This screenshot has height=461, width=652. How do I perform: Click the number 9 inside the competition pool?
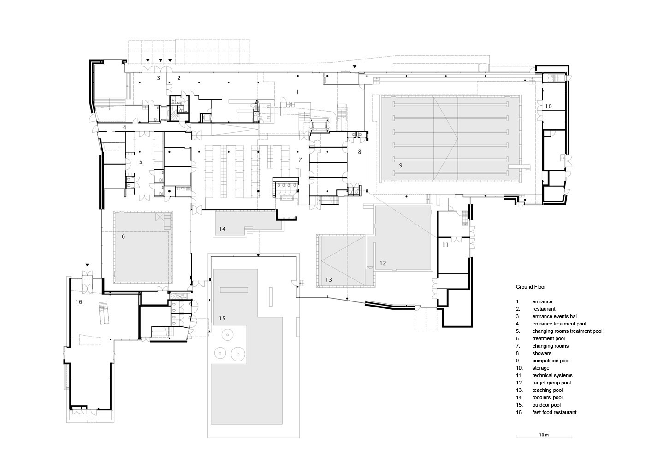click(401, 165)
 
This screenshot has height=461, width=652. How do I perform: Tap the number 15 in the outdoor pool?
click(222, 319)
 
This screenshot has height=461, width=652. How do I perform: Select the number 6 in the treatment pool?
click(123, 236)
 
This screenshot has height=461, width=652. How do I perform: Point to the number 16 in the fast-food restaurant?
click(79, 302)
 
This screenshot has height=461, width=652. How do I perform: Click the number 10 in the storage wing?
click(548, 106)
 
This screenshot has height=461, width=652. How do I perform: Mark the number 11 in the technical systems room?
click(445, 245)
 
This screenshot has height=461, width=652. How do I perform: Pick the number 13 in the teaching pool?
click(329, 280)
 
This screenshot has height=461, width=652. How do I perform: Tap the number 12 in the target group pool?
click(383, 263)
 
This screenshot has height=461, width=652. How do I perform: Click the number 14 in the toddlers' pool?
click(222, 229)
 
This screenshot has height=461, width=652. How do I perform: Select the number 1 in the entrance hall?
click(297, 92)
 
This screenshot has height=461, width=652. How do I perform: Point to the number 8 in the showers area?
click(360, 152)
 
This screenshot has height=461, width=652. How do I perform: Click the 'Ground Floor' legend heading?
click(531, 287)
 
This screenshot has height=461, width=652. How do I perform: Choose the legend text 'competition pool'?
click(551, 361)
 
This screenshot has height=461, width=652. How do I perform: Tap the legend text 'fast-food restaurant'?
click(555, 412)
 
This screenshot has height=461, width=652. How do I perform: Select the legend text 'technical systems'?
click(552, 375)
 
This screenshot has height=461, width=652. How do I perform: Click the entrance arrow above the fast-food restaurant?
click(87, 265)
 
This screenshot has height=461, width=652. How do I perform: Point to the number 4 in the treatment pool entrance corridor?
click(124, 127)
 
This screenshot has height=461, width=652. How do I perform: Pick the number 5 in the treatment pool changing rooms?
click(141, 162)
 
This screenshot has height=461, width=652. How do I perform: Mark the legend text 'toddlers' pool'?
click(547, 397)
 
